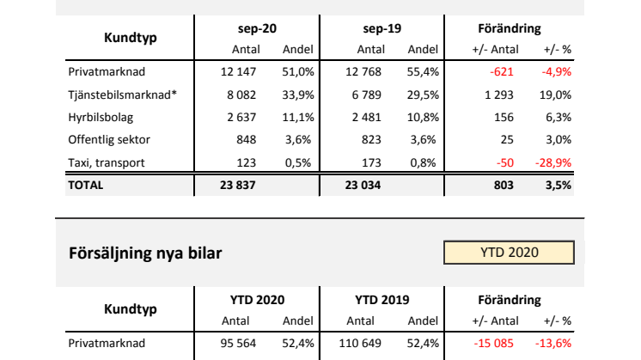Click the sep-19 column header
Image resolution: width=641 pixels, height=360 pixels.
coord(382,29)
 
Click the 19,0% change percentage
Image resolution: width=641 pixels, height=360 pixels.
coord(557,94)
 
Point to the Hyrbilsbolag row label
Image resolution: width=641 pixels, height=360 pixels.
coord(101,116)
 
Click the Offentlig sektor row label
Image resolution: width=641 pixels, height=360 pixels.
coord(107,138)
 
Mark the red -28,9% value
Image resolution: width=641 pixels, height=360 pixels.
coord(554,161)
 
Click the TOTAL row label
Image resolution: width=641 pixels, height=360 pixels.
coord(86,184)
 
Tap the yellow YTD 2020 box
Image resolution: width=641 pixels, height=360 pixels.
coord(509,253)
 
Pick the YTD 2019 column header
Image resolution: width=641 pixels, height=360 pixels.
coord(382,301)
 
